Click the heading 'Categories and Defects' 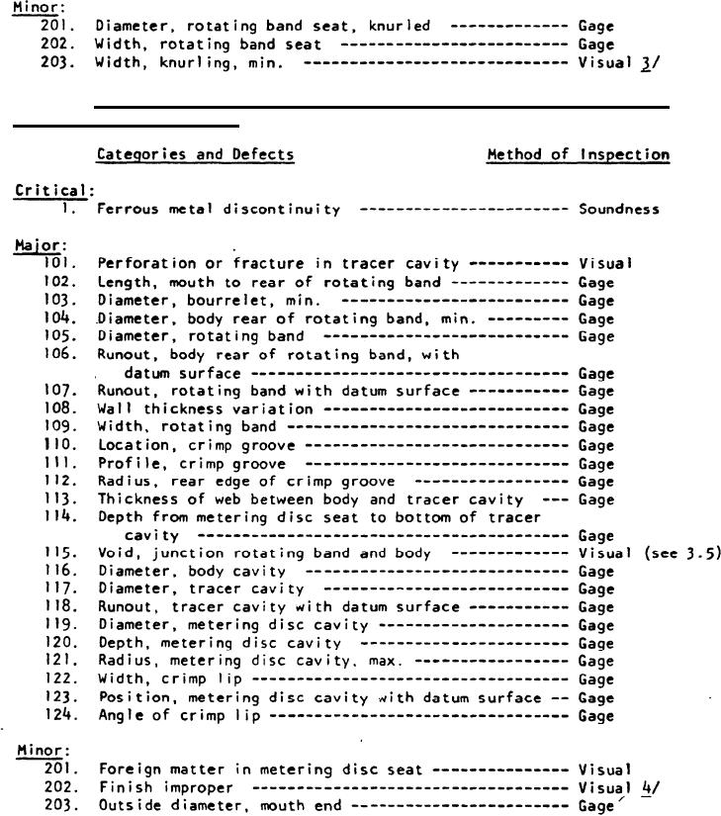coord(195,154)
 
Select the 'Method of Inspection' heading coord(578,154)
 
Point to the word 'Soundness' coord(618,210)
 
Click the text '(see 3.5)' coord(677,554)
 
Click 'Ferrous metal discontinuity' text coord(219,210)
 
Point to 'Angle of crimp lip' coord(178,715)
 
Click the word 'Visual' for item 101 coord(604,264)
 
